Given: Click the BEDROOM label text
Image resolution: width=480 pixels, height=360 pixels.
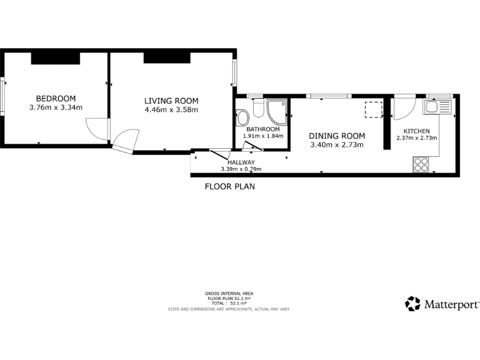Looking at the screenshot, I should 56,99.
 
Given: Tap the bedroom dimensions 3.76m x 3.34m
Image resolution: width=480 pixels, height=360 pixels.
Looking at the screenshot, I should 56,107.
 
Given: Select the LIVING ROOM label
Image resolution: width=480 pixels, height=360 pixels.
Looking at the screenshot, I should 171,101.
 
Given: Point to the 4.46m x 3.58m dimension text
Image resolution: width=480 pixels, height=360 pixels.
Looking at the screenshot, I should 171,110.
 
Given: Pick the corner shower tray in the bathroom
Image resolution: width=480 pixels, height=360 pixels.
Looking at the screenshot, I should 278,111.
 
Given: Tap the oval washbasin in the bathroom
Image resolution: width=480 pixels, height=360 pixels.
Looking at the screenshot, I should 242,117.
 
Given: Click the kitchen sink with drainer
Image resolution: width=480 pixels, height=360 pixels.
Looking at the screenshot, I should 437,106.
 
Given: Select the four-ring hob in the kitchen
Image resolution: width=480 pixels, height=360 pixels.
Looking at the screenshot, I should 421,164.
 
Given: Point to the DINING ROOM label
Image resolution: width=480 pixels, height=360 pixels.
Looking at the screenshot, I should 337,136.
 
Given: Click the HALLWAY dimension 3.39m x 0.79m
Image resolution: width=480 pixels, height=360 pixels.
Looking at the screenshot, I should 241,169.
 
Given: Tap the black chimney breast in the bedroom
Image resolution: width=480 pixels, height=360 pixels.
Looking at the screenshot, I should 56,58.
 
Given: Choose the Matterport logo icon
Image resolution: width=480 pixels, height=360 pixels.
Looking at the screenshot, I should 412,304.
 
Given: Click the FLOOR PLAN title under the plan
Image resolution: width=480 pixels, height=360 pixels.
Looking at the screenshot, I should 230,186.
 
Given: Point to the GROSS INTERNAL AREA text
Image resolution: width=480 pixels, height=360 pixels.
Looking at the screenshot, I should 229,293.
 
